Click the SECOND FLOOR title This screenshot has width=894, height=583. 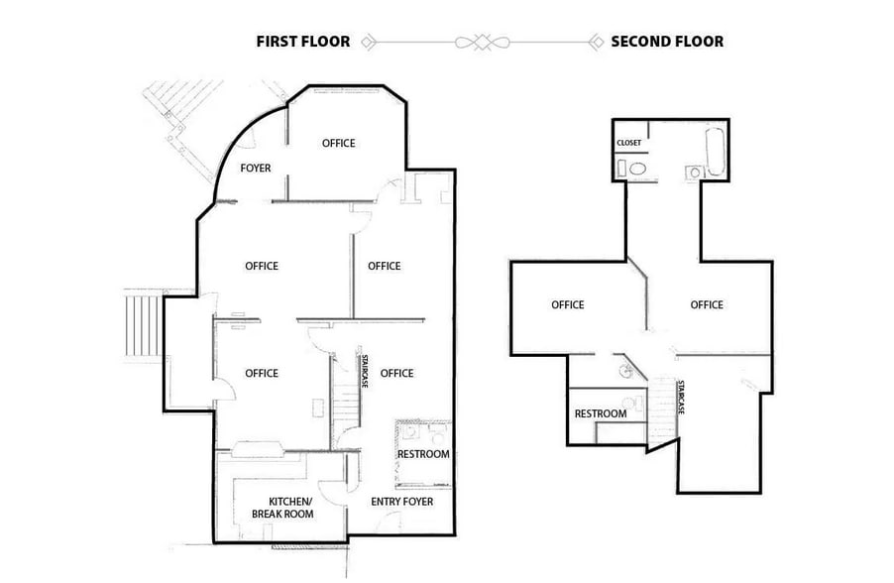(666, 42)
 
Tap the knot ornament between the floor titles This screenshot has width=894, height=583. (481, 42)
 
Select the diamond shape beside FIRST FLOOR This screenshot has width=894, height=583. (368, 42)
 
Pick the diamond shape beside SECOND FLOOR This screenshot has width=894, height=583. (596, 42)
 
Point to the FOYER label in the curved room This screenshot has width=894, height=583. (256, 169)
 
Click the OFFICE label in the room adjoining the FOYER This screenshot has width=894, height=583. (338, 144)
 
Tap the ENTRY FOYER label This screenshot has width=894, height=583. (402, 502)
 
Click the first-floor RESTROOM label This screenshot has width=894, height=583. (423, 454)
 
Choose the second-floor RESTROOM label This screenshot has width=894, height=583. (601, 413)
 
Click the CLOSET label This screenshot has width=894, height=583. (629, 143)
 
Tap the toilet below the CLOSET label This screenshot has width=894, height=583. (638, 171)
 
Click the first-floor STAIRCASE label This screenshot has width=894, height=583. (365, 371)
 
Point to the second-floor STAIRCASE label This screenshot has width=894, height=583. (681, 397)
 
